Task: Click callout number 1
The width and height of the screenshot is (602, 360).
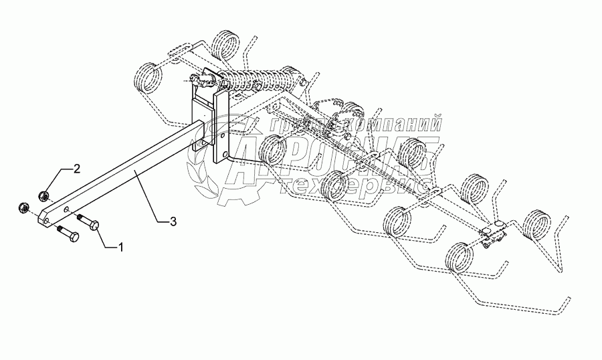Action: pyautogui.click(x=121, y=248)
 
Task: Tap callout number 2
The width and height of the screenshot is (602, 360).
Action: pyautogui.click(x=77, y=167)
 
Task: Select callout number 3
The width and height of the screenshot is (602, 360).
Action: pyautogui.click(x=173, y=221)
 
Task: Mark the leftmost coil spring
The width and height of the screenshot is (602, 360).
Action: pyautogui.click(x=146, y=75)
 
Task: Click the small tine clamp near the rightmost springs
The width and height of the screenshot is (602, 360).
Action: pyautogui.click(x=493, y=235)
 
